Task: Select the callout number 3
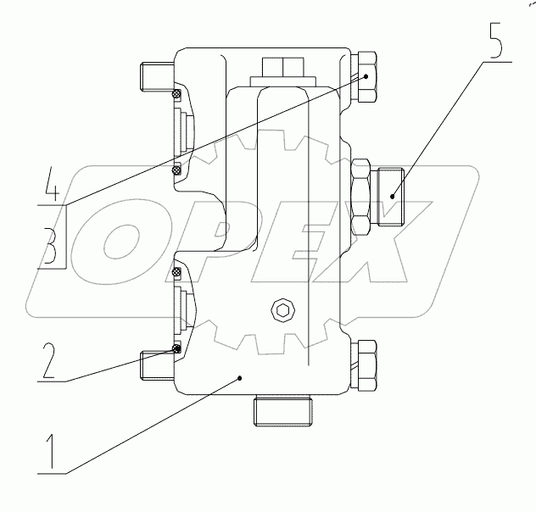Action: (50, 246)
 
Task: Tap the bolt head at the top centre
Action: (279, 68)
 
